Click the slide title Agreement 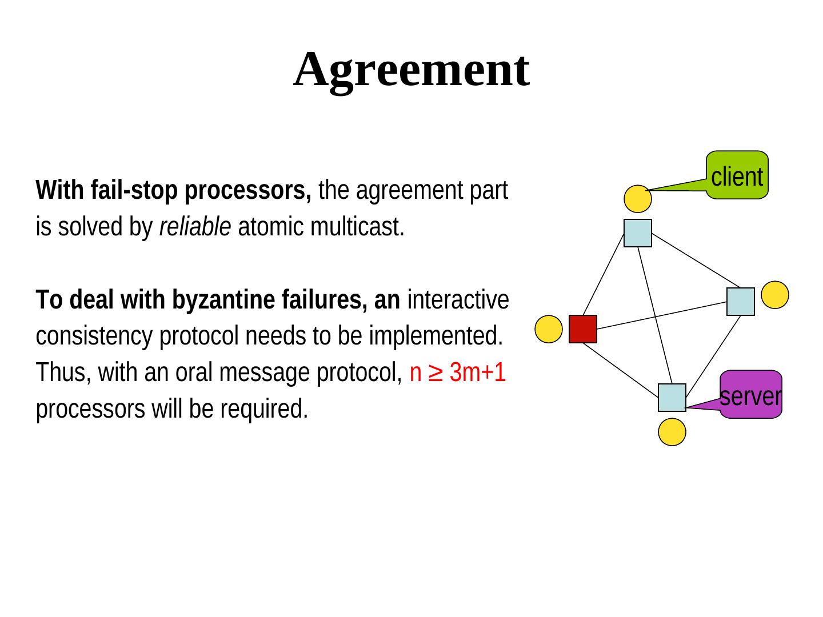pyautogui.click(x=411, y=70)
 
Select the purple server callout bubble pyautogui.click(x=750, y=395)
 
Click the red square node pyautogui.click(x=582, y=329)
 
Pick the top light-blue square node pyautogui.click(x=637, y=233)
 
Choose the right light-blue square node pyautogui.click(x=740, y=302)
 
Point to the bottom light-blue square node pyautogui.click(x=672, y=398)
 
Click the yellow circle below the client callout pyautogui.click(x=637, y=199)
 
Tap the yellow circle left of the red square pyautogui.click(x=548, y=329)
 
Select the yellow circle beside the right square pyautogui.click(x=775, y=295)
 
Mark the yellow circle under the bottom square pyautogui.click(x=672, y=432)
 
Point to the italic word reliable pyautogui.click(x=195, y=227)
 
